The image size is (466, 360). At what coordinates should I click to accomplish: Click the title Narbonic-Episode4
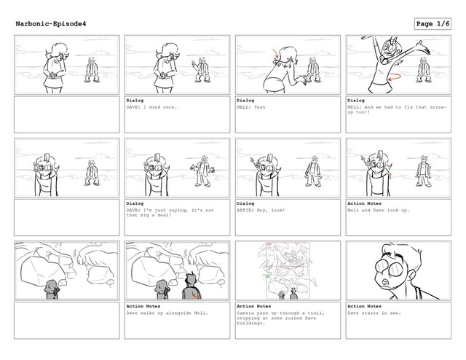coord(51,24)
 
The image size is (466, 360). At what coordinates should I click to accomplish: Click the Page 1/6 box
coord(433,24)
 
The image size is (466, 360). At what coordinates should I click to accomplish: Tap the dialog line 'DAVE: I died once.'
coord(151,107)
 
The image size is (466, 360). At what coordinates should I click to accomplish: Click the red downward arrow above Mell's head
coord(277,53)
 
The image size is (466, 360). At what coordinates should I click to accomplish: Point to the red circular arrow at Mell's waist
coord(395,77)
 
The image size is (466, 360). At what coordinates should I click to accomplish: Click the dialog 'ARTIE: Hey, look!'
coord(261,211)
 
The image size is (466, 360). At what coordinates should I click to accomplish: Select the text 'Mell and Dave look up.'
coord(378,211)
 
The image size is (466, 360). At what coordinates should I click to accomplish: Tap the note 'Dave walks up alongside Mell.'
coord(167,313)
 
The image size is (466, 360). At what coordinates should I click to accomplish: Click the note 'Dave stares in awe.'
coord(374,313)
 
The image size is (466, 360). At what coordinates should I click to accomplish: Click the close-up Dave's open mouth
coord(385,281)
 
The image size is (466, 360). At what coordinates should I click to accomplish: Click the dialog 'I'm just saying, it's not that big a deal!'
coord(170,213)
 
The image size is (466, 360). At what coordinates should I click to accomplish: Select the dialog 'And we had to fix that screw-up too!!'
coord(397,109)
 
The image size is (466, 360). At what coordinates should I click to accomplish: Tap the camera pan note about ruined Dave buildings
coord(280,318)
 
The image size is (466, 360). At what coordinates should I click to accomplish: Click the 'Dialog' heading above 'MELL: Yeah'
coord(245,101)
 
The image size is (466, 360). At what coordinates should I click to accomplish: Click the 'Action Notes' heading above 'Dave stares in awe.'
coord(364,306)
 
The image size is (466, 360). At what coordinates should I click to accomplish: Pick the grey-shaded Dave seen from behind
coord(191,287)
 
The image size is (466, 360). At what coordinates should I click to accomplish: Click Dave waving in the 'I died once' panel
coord(201,70)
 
